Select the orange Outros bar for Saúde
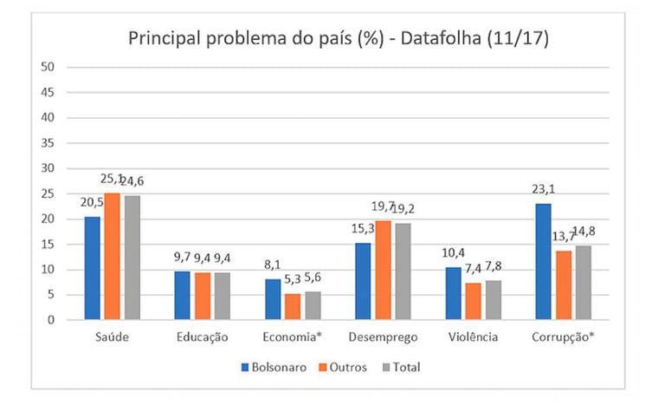point(113,256)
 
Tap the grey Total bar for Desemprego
point(403,271)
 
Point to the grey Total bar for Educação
point(223,296)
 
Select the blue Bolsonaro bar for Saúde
point(93,268)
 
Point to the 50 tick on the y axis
point(48,67)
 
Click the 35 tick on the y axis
point(48,143)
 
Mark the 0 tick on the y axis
point(52,320)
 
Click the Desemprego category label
point(383,337)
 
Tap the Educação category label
point(202,337)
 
